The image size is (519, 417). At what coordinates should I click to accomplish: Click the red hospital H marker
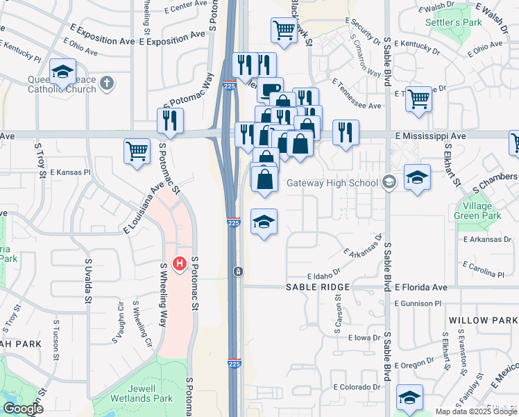(x=180, y=263)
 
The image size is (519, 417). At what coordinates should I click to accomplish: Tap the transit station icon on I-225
(x=238, y=270)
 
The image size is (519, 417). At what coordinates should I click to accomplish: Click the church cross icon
(x=105, y=84)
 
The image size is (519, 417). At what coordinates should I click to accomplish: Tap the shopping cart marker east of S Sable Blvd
(x=418, y=99)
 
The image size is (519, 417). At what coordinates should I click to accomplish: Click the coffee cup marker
(x=270, y=90)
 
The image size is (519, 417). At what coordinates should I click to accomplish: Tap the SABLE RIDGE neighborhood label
(x=314, y=287)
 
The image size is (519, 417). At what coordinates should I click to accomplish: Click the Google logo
(x=22, y=409)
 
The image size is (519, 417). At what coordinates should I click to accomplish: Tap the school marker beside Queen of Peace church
(x=62, y=72)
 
